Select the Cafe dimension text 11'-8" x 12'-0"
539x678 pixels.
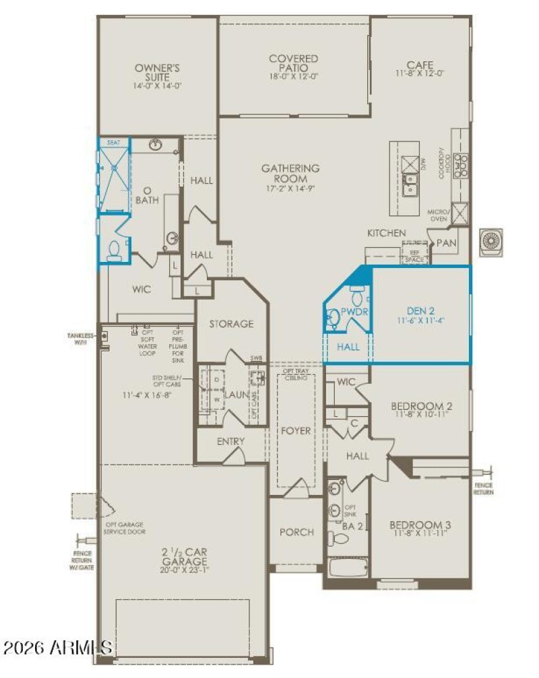420,75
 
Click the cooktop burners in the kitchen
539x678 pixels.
462,165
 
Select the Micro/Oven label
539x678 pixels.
438,215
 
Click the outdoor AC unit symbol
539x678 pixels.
491,242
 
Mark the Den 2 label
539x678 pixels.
420,311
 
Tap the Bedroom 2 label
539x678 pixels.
421,406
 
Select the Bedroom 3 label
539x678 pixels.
420,524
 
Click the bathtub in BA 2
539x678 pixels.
348,568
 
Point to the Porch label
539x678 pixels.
296,532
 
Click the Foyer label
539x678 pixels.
296,430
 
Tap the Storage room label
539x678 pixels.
230,323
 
